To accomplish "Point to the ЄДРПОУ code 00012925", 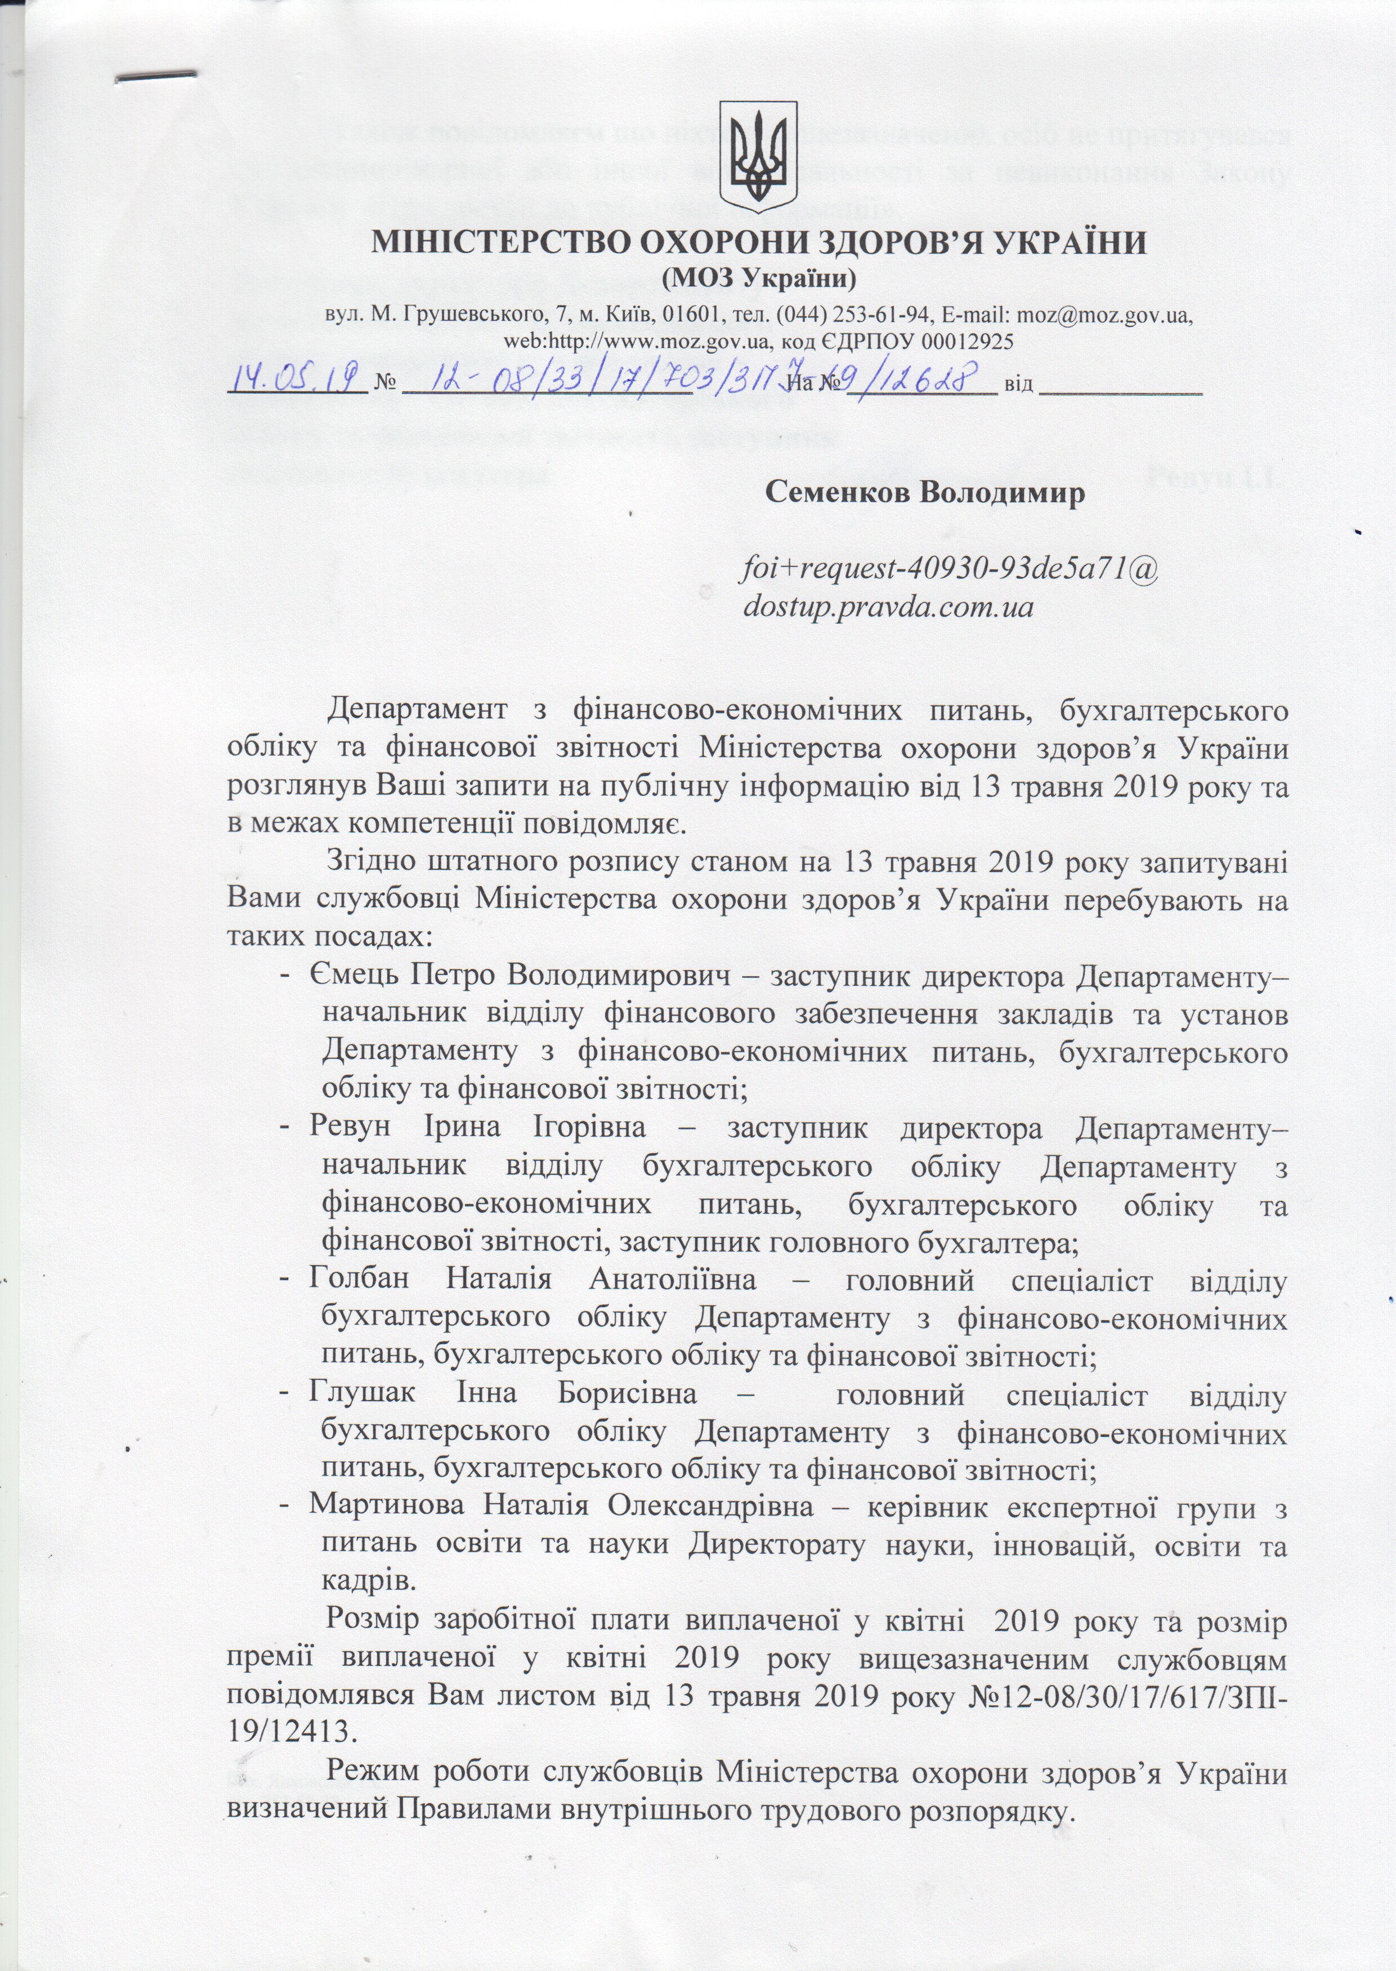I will point(968,341).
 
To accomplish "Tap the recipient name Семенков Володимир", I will point(925,493).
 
